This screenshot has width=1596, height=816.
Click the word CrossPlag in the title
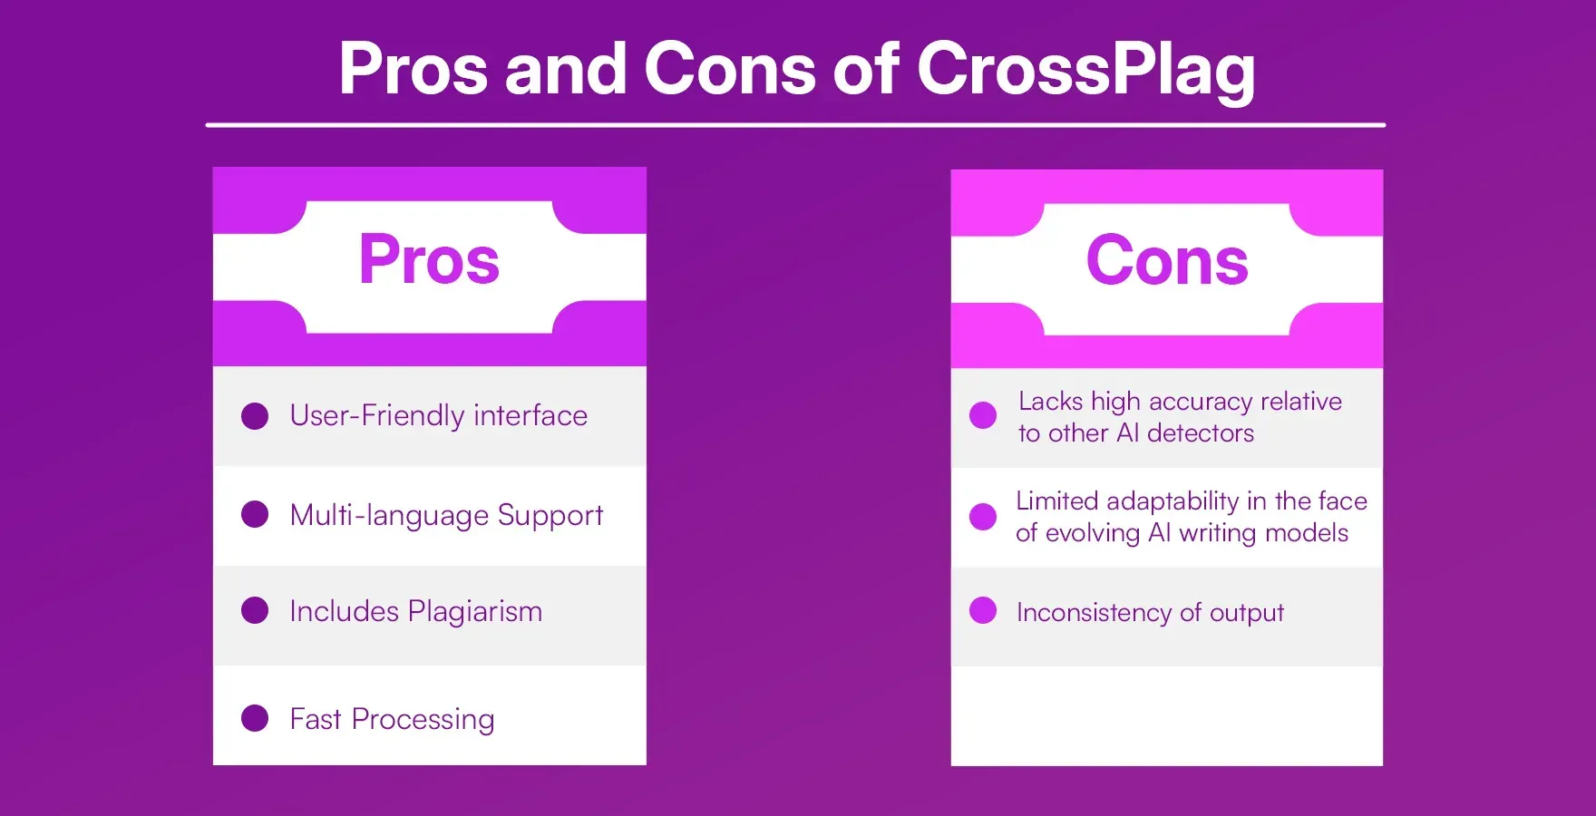(x=1085, y=70)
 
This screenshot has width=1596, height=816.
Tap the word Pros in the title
(x=413, y=70)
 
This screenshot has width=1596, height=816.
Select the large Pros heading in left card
(x=429, y=260)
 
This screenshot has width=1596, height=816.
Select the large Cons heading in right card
(x=1167, y=262)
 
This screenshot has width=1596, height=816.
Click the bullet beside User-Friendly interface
(x=255, y=416)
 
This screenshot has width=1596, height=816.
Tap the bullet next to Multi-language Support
(x=255, y=514)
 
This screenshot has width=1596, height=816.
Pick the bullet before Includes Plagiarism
(x=255, y=610)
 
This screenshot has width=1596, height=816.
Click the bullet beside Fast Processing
(x=255, y=718)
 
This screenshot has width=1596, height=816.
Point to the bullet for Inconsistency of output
(x=983, y=610)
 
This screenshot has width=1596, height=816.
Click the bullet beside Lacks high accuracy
(x=983, y=415)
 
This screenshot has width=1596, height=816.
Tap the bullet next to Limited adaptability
(x=983, y=516)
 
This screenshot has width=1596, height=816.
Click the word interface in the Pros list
(x=530, y=415)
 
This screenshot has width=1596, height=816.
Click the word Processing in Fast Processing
(x=423, y=720)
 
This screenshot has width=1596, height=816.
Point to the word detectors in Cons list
(x=1200, y=433)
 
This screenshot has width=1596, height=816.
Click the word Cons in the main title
(x=730, y=70)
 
